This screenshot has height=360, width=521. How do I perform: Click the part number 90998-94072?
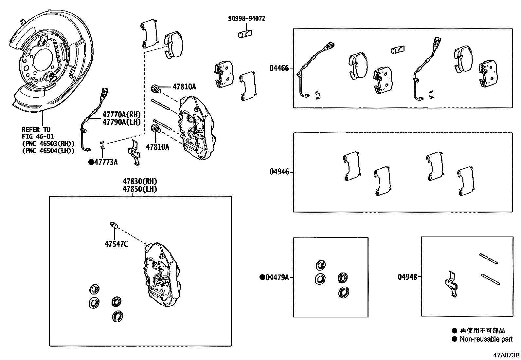(246, 18)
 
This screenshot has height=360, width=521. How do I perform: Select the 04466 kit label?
(279, 68)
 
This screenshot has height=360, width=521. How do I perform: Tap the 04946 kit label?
(279, 172)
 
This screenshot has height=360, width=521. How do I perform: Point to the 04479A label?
(277, 277)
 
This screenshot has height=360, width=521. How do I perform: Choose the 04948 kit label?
(407, 277)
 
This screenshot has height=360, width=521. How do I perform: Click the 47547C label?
(116, 244)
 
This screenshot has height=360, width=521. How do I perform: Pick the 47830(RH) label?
(140, 181)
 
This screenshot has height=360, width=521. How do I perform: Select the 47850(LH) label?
(140, 189)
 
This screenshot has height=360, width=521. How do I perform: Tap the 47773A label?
(105, 162)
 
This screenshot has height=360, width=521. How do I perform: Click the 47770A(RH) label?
(121, 115)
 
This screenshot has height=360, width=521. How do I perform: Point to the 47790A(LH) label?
(121, 122)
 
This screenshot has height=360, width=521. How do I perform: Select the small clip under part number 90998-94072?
(244, 33)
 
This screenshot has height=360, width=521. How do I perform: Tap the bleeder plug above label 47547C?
(114, 226)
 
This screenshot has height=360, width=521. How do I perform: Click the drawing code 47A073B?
(506, 355)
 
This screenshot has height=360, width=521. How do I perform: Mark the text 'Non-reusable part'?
(486, 339)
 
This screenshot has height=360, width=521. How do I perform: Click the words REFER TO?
(36, 129)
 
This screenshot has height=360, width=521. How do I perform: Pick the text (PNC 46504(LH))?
(48, 151)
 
